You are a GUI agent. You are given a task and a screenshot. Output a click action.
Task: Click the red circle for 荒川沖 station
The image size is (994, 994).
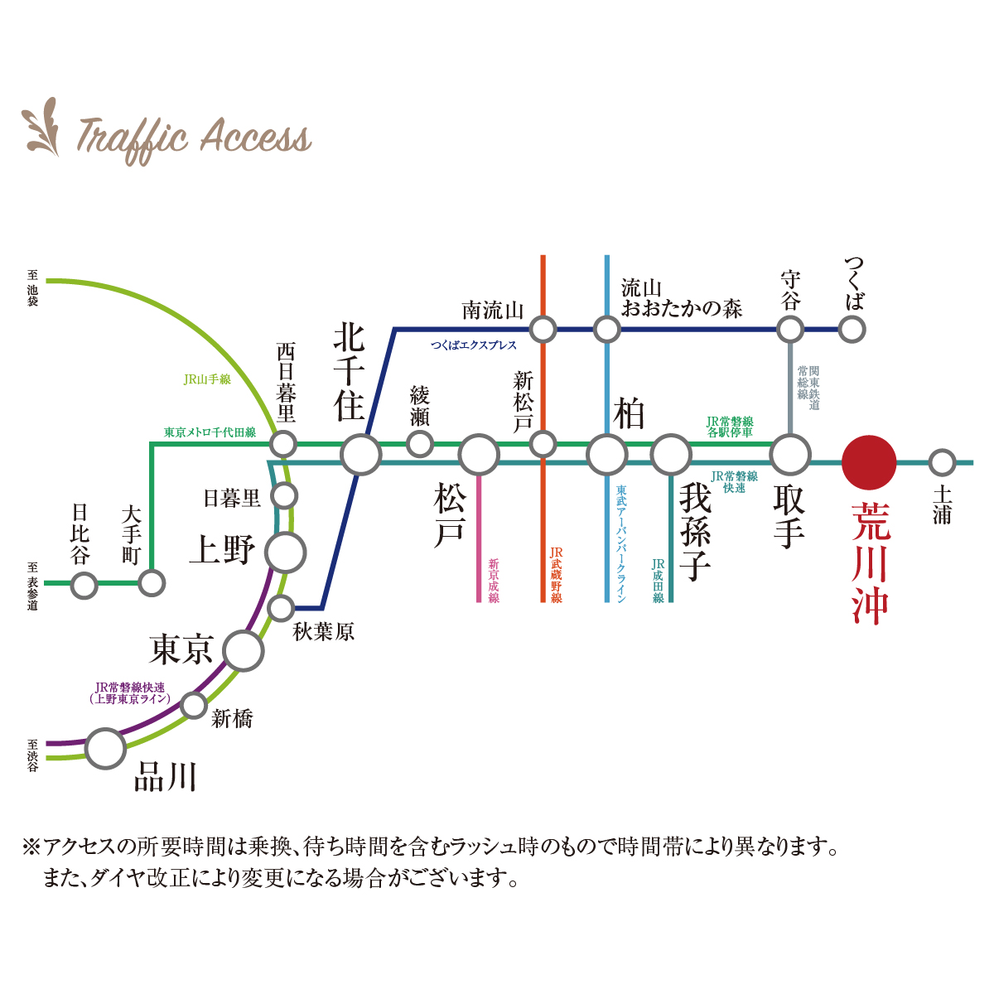coord(869,462)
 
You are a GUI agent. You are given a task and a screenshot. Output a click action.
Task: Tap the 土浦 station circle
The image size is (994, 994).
coord(942,462)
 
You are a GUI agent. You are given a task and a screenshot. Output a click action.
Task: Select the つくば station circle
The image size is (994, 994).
coord(852,329)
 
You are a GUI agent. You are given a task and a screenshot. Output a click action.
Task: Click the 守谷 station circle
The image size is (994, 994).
coord(790,329)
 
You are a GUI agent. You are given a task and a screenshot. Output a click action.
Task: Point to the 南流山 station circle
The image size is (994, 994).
coord(543,329)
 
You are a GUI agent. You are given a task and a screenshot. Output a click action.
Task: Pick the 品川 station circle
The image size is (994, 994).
coord(105,748)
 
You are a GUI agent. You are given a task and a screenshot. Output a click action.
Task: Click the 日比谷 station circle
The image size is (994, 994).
coord(84,585)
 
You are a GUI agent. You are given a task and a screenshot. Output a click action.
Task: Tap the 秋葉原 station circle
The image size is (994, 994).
coord(282,608)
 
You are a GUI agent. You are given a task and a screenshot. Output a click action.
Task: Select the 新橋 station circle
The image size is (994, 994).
coord(194,706)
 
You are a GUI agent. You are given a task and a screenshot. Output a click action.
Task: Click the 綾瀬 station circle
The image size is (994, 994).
coord(420,443)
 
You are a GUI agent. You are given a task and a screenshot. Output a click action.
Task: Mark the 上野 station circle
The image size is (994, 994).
coord(286,552)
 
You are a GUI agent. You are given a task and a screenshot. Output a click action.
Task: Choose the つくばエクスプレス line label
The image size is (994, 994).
coord(473,345)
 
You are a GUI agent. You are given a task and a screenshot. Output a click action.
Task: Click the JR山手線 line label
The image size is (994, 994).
coord(207,379)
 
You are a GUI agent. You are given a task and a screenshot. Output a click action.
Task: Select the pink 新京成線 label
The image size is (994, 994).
coord(494,580)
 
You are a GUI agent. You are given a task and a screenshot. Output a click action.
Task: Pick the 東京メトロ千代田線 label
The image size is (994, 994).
coord(210,432)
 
